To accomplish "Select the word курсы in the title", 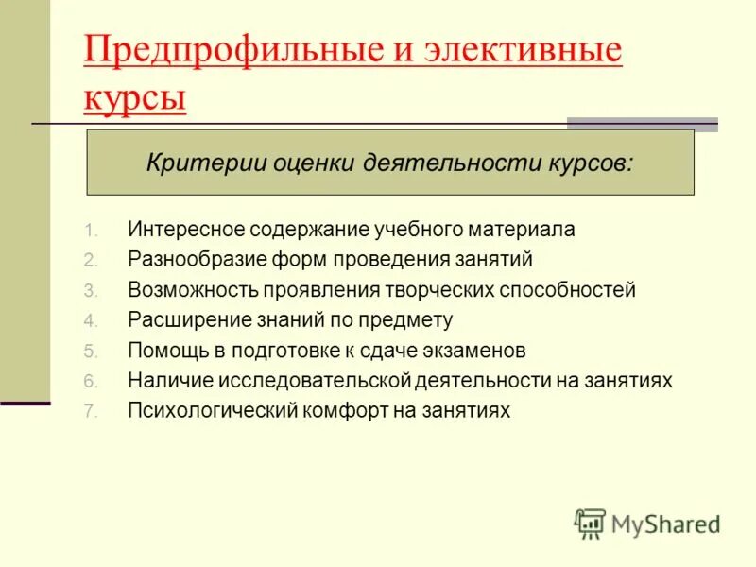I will point(134,97).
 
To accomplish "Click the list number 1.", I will point(90,230).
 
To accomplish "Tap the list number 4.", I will point(90,320).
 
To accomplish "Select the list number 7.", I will point(90,411).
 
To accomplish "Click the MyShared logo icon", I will point(590,524).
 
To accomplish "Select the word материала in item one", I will point(528,229).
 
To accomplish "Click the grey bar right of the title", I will point(643,124).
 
